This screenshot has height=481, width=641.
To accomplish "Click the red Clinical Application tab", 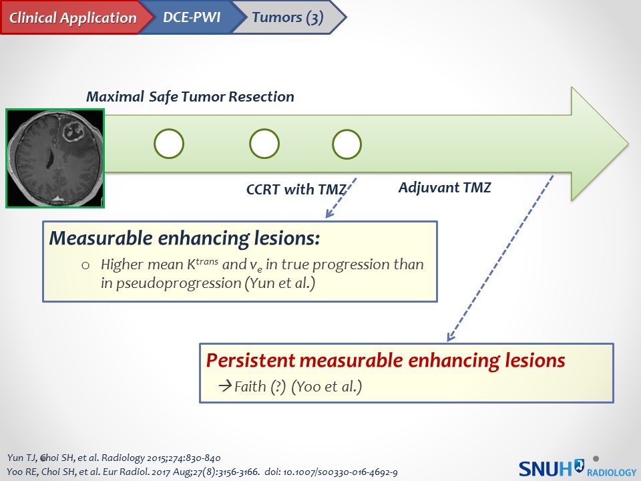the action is tap(72, 18).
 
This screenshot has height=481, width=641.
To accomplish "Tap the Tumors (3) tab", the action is tap(287, 18).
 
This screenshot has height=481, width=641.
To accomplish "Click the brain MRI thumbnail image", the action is tap(55, 158).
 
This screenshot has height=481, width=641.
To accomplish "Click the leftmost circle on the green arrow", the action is tap(169, 144).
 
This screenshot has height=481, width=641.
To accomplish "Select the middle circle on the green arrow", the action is tap(264, 144).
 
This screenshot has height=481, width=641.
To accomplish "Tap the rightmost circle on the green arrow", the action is tap(347, 144).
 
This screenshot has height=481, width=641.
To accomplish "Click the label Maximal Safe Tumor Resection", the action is tap(190, 97).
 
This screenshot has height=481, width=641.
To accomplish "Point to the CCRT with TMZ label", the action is tap(296, 189).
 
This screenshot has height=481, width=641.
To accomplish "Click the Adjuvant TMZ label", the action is tap(444, 187).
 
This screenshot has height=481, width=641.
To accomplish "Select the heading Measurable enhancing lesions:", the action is tap(185, 238).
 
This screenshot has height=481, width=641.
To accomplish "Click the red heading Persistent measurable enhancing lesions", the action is tap(385, 361).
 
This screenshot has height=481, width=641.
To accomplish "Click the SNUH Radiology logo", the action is tap(576, 468).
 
